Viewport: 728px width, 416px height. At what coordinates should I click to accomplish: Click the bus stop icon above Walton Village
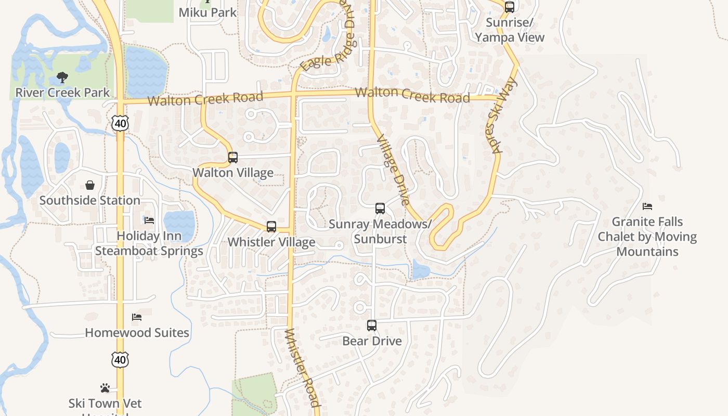[x=233, y=158]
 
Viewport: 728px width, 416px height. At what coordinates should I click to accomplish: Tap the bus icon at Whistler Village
[x=271, y=227]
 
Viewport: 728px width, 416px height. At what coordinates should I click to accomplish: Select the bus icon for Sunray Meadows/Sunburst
[x=380, y=209]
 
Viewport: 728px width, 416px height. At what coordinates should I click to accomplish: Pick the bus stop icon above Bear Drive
[x=372, y=326]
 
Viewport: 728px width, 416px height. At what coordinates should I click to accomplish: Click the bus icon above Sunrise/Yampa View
[x=510, y=7]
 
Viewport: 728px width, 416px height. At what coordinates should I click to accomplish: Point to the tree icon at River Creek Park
[x=62, y=78]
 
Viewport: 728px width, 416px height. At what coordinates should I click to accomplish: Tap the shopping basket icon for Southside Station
[x=90, y=185]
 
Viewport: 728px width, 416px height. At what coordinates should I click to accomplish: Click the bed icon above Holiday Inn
[x=149, y=220]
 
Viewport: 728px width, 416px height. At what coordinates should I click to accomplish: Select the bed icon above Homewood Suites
[x=137, y=317]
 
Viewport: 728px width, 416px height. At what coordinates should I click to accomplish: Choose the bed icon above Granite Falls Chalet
[x=647, y=207]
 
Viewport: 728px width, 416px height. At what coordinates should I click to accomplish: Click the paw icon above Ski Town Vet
[x=105, y=388]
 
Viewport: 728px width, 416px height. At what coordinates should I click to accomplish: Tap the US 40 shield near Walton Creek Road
[x=120, y=123]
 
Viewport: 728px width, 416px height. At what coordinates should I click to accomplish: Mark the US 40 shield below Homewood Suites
[x=120, y=360]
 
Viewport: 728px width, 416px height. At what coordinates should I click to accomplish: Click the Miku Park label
[x=207, y=12]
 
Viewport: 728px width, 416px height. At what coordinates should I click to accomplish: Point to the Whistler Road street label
[x=302, y=368]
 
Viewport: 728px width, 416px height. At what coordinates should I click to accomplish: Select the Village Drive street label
[x=393, y=170]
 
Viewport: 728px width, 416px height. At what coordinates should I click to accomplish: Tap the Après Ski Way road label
[x=504, y=115]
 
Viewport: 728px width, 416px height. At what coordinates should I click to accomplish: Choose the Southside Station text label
[x=90, y=200]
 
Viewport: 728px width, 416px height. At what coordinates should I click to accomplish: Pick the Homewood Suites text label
[x=137, y=333]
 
